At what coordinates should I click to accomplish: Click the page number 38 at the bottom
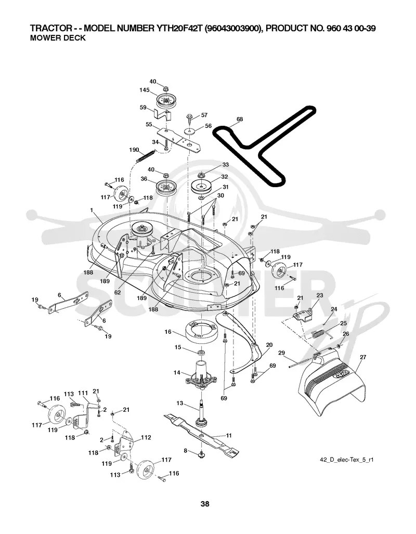(x=205, y=504)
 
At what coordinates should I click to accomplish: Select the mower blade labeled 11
(x=201, y=433)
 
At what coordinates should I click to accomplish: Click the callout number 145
(x=145, y=90)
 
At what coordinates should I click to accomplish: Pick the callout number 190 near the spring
(x=134, y=150)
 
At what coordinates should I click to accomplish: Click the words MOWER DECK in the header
(x=58, y=38)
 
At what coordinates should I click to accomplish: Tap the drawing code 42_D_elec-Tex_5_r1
(x=347, y=460)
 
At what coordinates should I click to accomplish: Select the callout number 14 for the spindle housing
(x=176, y=373)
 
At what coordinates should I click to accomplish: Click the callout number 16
(x=168, y=331)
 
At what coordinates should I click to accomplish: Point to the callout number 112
(x=146, y=437)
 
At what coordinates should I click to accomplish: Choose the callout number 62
(x=118, y=292)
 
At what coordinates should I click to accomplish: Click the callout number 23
(x=320, y=295)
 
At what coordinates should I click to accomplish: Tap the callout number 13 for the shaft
(x=179, y=403)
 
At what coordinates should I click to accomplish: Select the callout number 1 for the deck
(x=92, y=211)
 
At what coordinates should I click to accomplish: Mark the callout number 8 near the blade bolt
(x=185, y=451)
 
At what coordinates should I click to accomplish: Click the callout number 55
(x=149, y=124)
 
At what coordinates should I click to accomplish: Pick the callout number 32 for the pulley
(x=225, y=177)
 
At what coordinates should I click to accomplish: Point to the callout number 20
(x=269, y=345)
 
